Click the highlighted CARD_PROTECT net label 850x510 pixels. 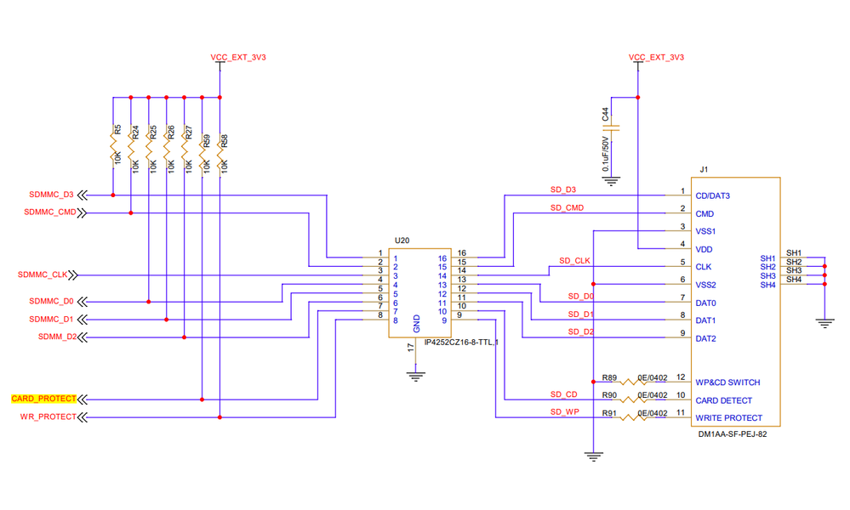point(43,398)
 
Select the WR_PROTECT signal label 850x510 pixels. point(48,416)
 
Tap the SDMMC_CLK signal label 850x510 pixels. point(43,275)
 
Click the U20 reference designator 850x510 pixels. point(402,241)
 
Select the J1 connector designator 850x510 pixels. point(703,169)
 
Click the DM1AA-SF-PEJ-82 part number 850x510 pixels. point(733,433)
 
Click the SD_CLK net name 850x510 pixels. point(574,260)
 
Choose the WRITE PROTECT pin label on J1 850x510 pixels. point(728,417)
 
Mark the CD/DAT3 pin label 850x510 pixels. point(713,195)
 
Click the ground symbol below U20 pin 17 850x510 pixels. point(415,374)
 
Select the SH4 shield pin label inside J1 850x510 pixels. point(767,285)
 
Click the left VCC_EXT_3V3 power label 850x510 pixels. point(220,58)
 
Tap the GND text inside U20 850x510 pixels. point(416,322)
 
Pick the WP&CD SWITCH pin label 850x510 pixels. point(727,382)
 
